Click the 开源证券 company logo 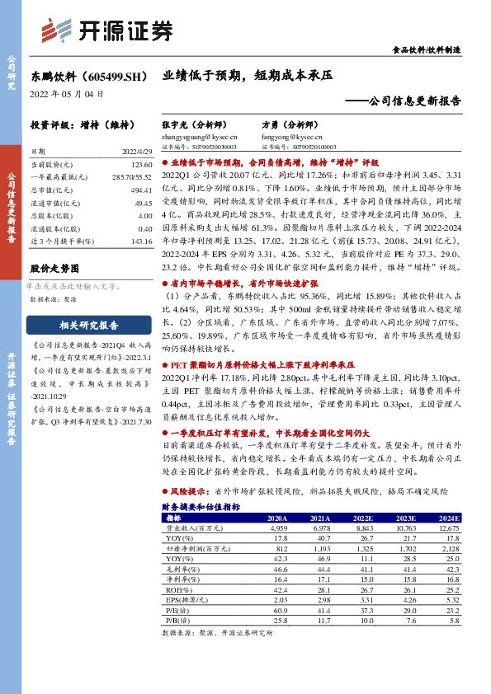107,30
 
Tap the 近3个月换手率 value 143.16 142,240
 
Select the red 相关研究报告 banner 88,325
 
